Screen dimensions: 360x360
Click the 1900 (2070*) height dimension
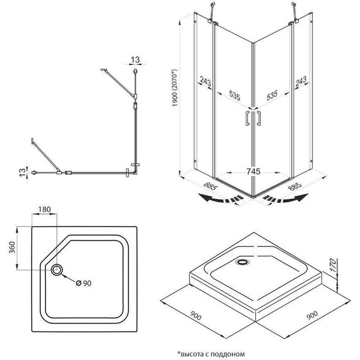175,88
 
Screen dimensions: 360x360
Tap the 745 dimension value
253,172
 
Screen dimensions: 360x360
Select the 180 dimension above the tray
44,210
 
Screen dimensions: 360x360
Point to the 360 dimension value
12,248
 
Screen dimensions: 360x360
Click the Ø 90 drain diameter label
83,283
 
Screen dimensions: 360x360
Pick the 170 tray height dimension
333,265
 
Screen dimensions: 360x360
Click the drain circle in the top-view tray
56,270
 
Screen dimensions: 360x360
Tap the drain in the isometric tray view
242,261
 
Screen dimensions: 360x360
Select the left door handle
248,118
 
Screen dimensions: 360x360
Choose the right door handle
259,118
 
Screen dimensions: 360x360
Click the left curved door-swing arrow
220,198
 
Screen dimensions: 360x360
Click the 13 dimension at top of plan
135,60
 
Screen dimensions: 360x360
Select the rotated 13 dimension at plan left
22,172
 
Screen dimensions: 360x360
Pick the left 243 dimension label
205,81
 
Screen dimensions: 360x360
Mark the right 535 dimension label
272,95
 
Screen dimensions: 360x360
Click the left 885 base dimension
210,186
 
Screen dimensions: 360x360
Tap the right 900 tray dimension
312,315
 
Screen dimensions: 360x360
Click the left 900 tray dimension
195,315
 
